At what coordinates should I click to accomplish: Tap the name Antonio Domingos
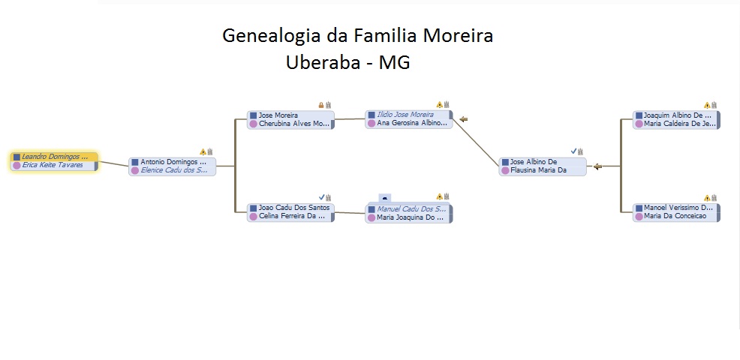point(173,162)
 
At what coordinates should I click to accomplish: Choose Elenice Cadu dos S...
point(173,170)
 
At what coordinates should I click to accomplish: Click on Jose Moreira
point(278,115)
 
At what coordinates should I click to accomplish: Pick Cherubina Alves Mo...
point(293,124)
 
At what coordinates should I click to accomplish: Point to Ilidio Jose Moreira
point(405,115)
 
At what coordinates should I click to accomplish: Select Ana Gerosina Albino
point(411,123)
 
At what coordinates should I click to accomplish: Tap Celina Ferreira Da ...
point(292,216)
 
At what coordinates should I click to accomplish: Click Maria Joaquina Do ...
point(410,217)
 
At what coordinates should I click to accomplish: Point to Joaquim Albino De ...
point(678,115)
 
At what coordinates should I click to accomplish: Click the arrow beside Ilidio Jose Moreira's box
point(464,118)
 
